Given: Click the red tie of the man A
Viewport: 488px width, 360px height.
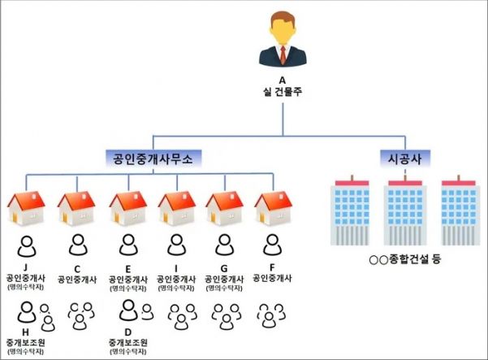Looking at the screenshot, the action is point(283,54).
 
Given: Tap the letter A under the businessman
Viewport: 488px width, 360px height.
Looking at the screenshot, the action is point(282,80).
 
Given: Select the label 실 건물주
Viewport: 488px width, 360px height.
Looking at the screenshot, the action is point(283,92).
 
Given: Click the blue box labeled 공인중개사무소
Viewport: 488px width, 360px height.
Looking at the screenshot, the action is point(153,158).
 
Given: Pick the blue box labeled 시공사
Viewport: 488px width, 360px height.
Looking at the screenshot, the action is point(405,158).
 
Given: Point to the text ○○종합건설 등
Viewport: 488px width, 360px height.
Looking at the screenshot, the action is point(405,259).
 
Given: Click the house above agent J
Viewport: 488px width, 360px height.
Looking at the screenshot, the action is point(26,208).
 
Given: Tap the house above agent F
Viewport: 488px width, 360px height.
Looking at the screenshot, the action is point(274,208).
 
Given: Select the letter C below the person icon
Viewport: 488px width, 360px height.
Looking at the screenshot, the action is point(77,269).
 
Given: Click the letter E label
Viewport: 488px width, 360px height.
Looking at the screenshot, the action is point(128,269).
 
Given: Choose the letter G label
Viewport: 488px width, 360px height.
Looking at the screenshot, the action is point(224,268).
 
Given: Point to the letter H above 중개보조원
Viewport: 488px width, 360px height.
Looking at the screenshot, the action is point(25,332).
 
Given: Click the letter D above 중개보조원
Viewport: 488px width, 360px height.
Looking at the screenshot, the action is point(128,332).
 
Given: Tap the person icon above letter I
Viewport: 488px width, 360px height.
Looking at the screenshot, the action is point(177,245).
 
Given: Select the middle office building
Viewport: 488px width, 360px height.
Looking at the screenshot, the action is point(405,210).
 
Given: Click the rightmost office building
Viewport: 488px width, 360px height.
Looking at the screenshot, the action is point(459,210).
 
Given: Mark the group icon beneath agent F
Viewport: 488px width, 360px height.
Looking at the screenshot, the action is point(271,315).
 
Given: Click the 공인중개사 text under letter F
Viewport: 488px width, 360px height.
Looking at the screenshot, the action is point(272,278).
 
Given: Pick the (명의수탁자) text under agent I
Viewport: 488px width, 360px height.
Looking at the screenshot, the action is point(176,288).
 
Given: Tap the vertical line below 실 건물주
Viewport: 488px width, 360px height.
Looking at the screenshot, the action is point(283,119).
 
